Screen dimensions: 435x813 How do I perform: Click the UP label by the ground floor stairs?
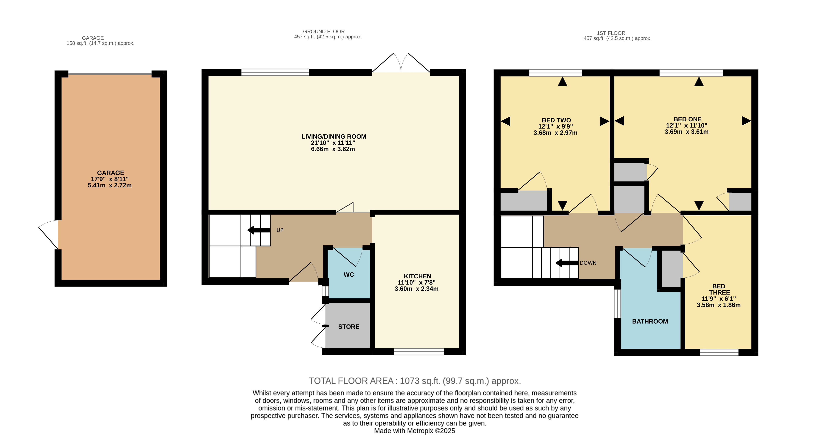tap(280, 230)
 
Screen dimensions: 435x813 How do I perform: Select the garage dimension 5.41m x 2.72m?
tap(110, 185)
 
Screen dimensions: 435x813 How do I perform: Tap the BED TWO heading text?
tap(556, 120)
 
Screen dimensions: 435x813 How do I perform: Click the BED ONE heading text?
tap(687, 119)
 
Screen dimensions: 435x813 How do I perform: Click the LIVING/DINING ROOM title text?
tap(334, 137)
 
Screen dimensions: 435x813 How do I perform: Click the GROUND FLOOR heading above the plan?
tap(324, 32)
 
